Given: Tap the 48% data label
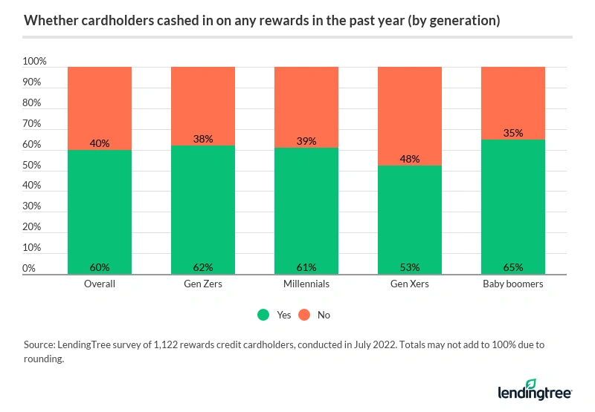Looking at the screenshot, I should click(410, 159).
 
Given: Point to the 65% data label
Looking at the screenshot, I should click(513, 267).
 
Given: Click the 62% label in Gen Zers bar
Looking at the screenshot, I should click(203, 267).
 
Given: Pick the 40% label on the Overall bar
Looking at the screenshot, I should click(100, 143).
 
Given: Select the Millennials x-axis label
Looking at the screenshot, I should click(306, 284).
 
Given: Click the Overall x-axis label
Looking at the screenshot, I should click(100, 284).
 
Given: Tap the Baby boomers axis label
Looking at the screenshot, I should click(513, 284).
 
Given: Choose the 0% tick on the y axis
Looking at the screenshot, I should click(29, 268).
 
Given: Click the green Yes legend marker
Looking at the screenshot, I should click(263, 315).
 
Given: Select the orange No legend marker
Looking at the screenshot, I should click(304, 315).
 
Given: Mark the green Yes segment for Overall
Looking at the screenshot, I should click(100, 212).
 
